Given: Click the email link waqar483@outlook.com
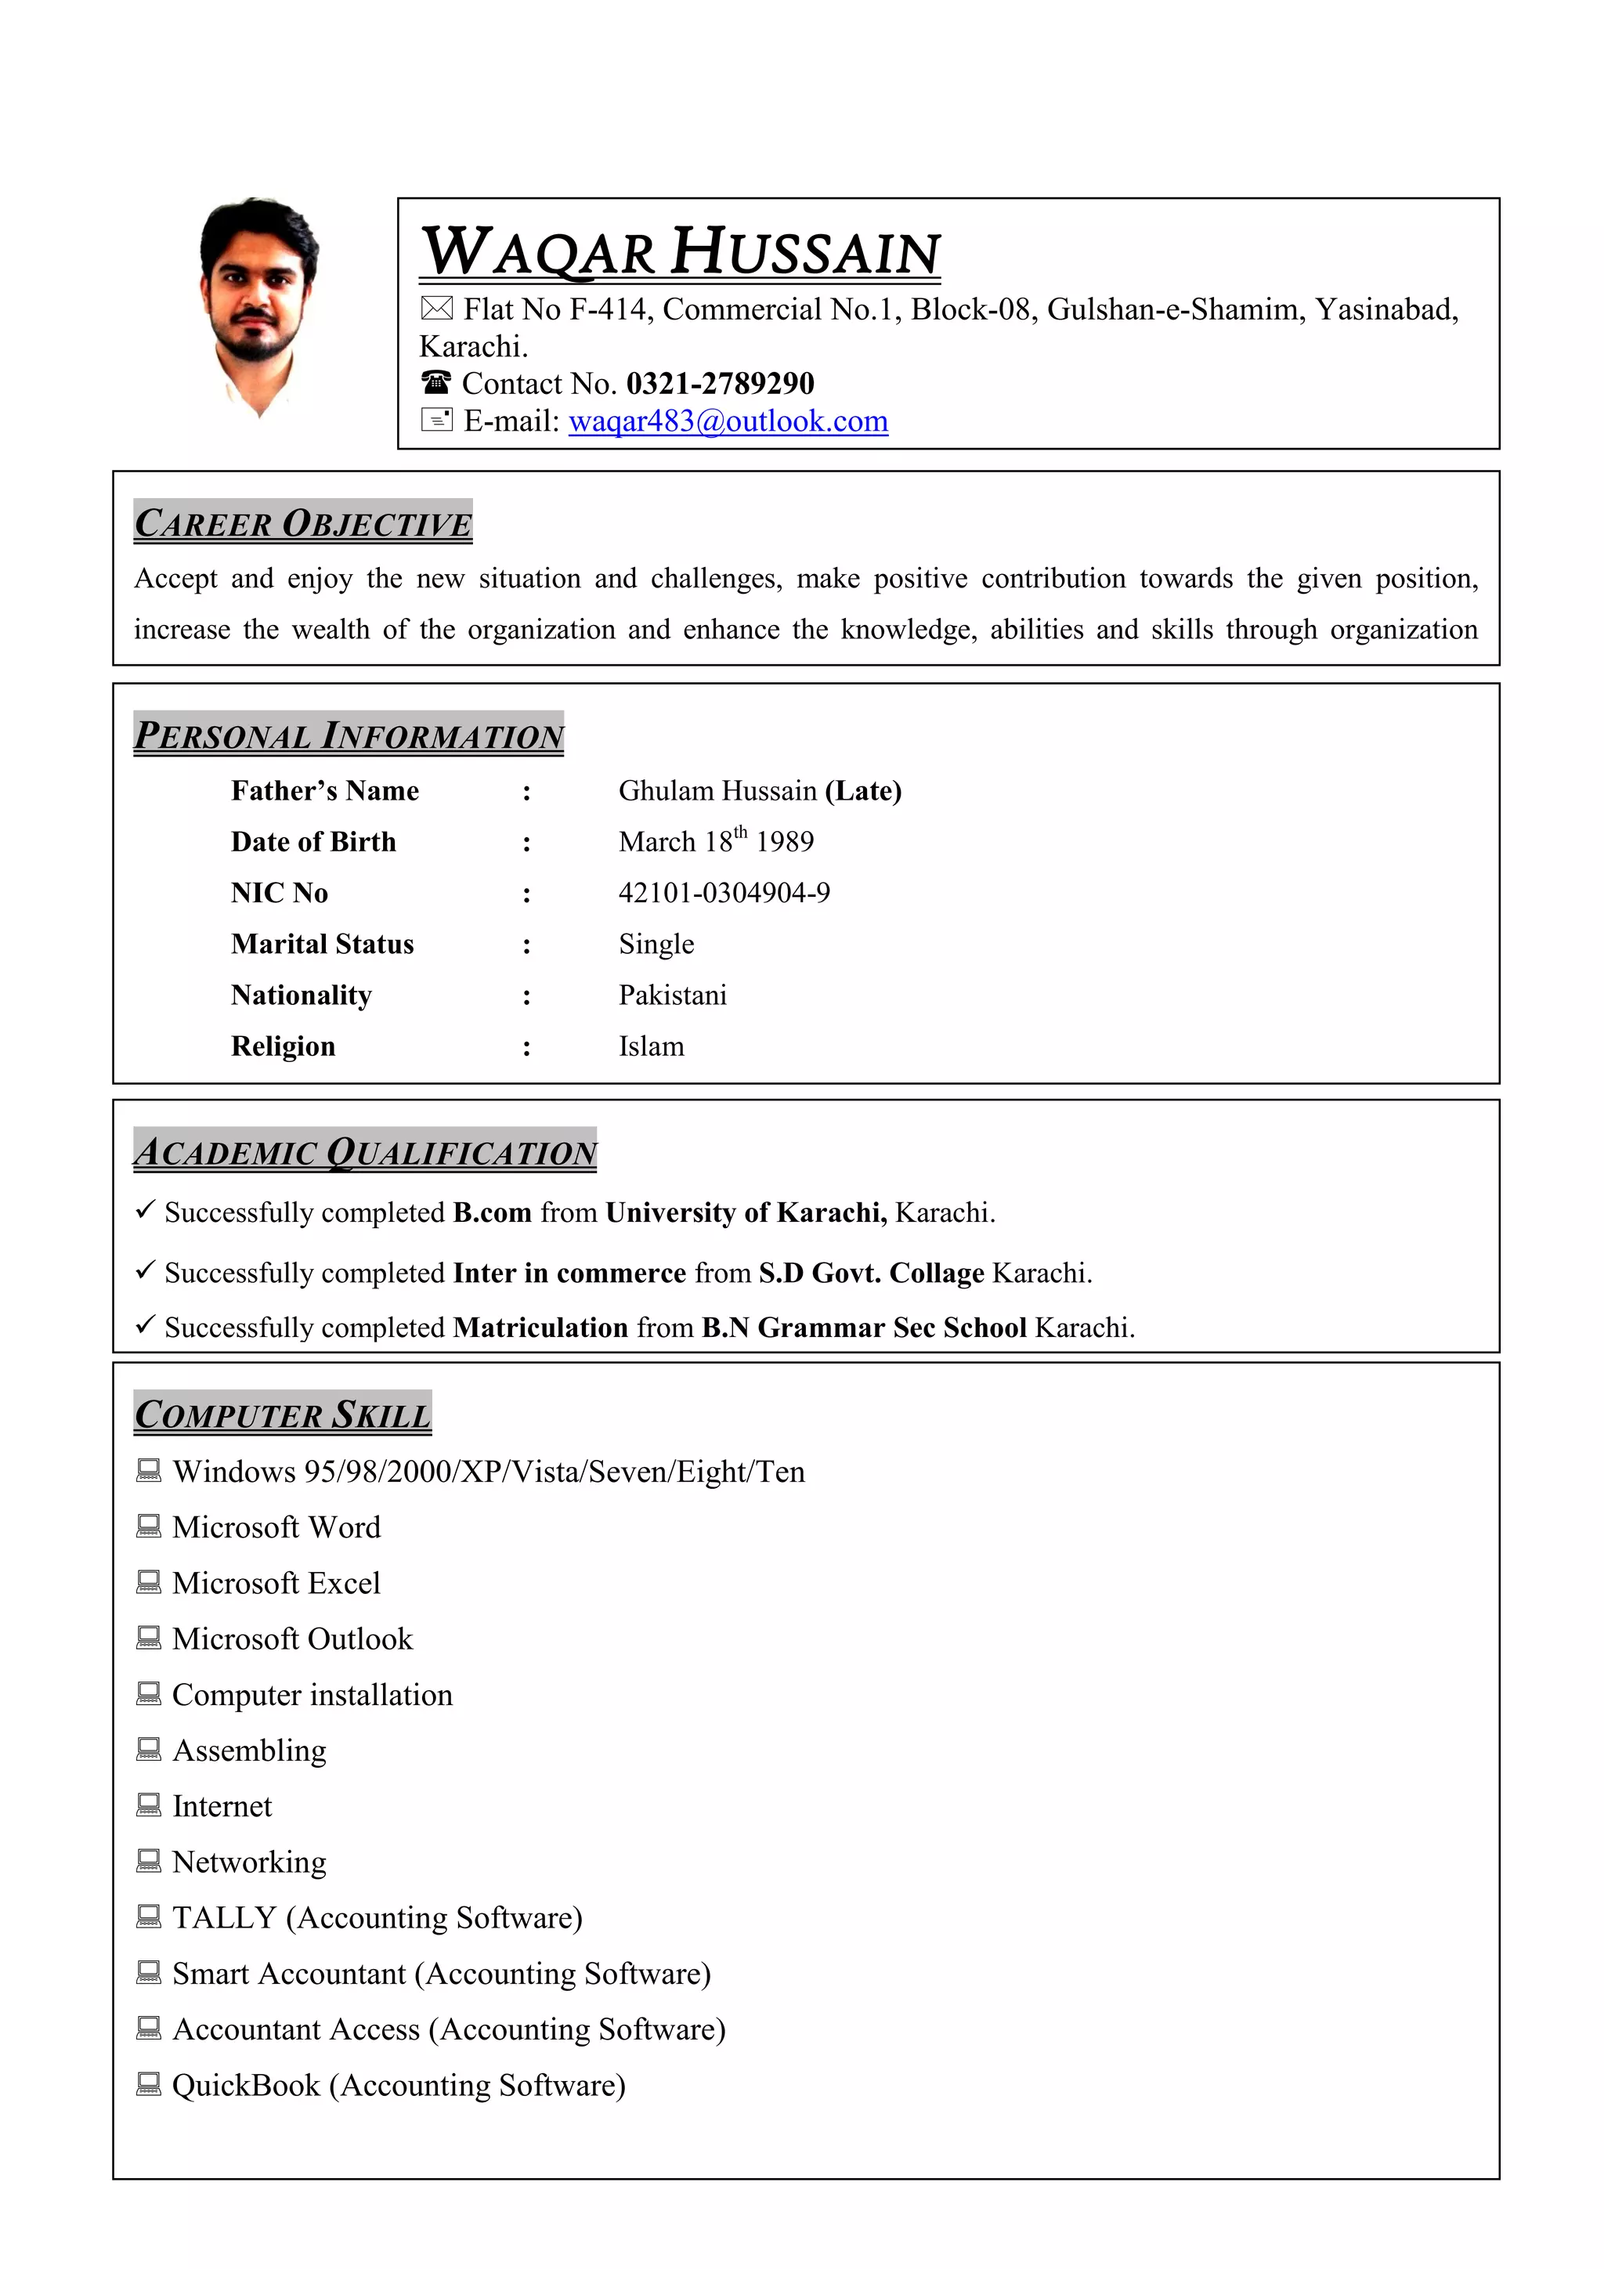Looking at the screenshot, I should pyautogui.click(x=728, y=422).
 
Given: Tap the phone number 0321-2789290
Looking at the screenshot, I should pyautogui.click(x=720, y=384).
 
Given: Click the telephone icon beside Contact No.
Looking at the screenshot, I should pyautogui.click(x=435, y=381).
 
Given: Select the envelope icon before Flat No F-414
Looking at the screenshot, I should pyautogui.click(x=435, y=309).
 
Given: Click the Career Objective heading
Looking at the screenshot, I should pyautogui.click(x=302, y=522).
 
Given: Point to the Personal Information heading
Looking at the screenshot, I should pyautogui.click(x=348, y=735).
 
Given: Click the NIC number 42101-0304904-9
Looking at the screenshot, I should pyautogui.click(x=724, y=894).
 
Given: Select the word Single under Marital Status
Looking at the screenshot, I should pyautogui.click(x=656, y=945).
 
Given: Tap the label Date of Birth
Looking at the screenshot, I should pyautogui.click(x=313, y=842).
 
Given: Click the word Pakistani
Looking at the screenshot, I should pyautogui.click(x=672, y=995).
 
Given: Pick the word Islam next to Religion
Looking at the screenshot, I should pyautogui.click(x=652, y=1046).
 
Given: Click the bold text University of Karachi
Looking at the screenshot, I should pyautogui.click(x=745, y=1212).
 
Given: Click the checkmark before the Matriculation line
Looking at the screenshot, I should pyautogui.click(x=145, y=1324).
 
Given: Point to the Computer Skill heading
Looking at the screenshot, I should pyautogui.click(x=283, y=1415).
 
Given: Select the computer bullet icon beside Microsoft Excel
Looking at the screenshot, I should pyautogui.click(x=148, y=1582).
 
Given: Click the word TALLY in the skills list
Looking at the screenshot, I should pyautogui.click(x=223, y=1917).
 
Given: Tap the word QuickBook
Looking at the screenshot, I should pyautogui.click(x=245, y=2085).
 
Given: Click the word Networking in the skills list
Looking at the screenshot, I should pyautogui.click(x=249, y=1862).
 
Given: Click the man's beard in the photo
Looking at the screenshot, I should pyautogui.click(x=259, y=341).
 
